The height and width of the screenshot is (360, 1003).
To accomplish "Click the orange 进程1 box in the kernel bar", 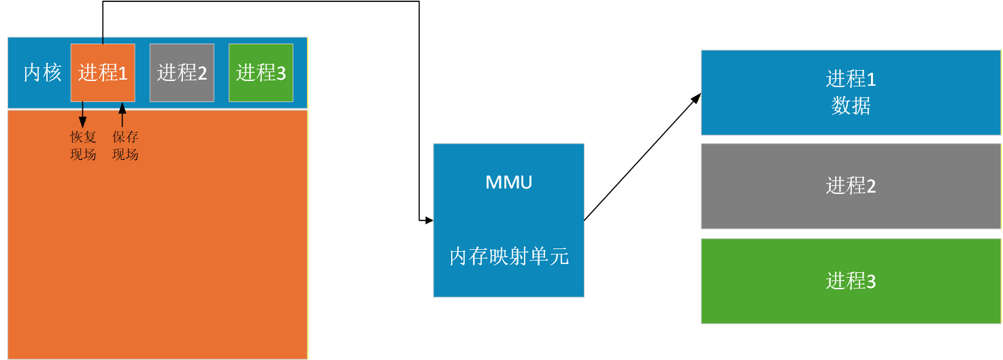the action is pos(103,72).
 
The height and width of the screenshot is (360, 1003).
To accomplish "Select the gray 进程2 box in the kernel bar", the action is pos(182,72).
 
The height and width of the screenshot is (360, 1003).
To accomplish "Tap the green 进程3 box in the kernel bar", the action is pos(261,72).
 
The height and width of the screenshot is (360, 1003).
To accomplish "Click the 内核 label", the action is pos(42,73).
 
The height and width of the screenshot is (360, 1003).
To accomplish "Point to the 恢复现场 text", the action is pos(83,146).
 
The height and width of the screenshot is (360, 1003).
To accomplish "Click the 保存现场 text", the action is pos(125,146).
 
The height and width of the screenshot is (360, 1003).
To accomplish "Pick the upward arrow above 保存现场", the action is pos(122,114).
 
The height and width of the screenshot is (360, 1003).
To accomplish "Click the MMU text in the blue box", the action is pos(509,182).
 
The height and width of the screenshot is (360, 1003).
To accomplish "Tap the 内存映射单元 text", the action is pos(509,257).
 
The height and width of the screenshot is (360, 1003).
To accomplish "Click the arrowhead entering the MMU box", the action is pos(429,220).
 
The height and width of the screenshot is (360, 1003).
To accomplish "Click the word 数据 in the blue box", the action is pos(851,107).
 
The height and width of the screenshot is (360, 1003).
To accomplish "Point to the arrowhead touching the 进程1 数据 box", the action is pos(696,99).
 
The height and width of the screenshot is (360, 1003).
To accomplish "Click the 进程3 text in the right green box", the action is pos(851,281).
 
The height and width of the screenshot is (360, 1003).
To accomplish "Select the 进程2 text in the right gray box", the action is pos(851,186).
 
